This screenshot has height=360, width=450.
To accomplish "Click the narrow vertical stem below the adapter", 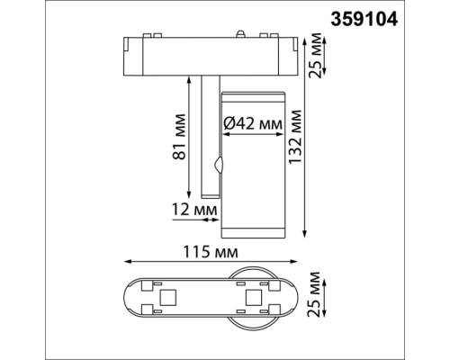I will coord(209,135).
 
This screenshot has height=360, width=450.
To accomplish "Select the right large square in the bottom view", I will coord(253,297).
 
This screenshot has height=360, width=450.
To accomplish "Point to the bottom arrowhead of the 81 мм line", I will coord(188,195).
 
